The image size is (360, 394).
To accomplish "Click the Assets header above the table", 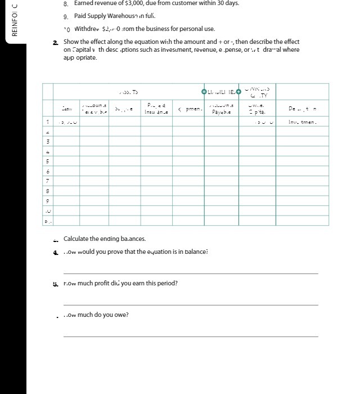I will (x=129, y=92).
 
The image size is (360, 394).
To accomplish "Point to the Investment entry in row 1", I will (x=303, y=122).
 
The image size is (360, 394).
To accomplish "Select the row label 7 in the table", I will (x=48, y=181).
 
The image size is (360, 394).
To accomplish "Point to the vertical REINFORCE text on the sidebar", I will (x=14, y=20).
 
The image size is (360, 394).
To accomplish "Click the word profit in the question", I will (x=104, y=283).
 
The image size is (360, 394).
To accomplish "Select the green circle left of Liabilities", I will (x=204, y=91).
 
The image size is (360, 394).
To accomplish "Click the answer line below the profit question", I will (x=191, y=305).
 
